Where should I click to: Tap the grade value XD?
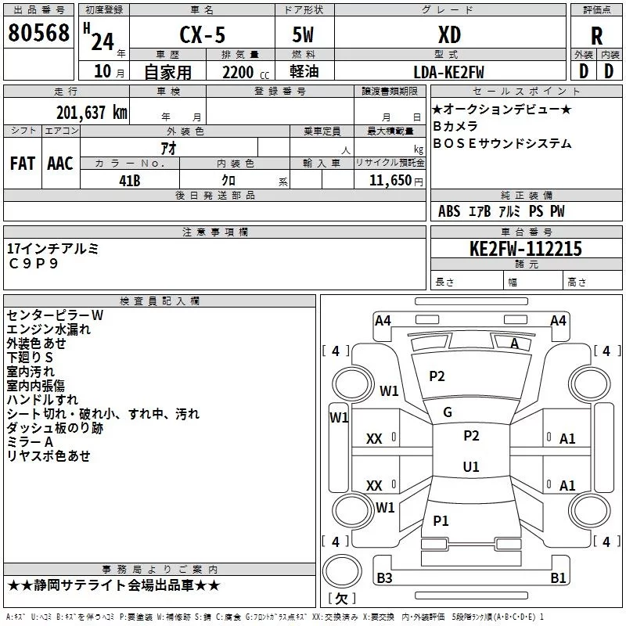pos(449,35)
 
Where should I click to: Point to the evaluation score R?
pos(596,36)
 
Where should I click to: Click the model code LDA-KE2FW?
pos(448,72)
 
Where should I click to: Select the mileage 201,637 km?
pos(91,112)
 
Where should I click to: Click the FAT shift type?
pos(23,164)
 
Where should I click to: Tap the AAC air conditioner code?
pos(60,164)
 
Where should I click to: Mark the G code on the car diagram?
pos(448,412)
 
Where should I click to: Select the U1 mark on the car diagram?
pos(470,467)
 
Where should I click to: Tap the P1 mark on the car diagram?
pos(441,521)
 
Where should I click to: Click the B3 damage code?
pos(384,578)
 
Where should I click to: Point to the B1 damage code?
pos(558,578)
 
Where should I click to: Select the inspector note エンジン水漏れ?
pos(49,329)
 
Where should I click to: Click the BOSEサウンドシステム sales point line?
pos(502,144)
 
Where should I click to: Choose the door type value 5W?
pos(304,35)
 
